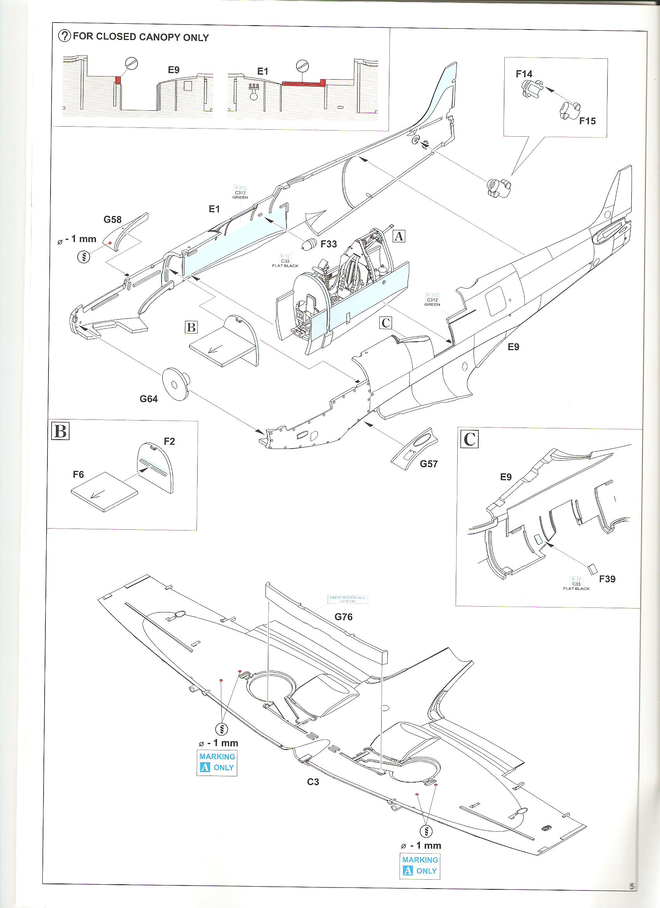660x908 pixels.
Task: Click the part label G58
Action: tap(113, 219)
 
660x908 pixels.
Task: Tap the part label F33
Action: tap(328, 244)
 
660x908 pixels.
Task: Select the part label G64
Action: tap(148, 399)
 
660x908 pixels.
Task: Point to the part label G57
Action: tap(429, 464)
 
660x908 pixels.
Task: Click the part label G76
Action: tap(344, 617)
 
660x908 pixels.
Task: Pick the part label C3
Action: tap(313, 781)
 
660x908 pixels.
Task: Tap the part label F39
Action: tap(607, 579)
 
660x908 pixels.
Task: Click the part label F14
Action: tap(524, 74)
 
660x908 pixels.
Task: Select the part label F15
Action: tap(587, 120)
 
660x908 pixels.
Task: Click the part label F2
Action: tap(169, 441)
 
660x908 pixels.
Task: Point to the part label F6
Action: tap(78, 475)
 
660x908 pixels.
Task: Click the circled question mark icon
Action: tap(64, 36)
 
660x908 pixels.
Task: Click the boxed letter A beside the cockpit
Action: tap(399, 236)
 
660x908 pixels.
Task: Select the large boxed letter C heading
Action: tap(469, 439)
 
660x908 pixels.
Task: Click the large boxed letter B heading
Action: tap(61, 431)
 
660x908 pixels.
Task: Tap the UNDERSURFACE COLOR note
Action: tap(347, 599)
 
